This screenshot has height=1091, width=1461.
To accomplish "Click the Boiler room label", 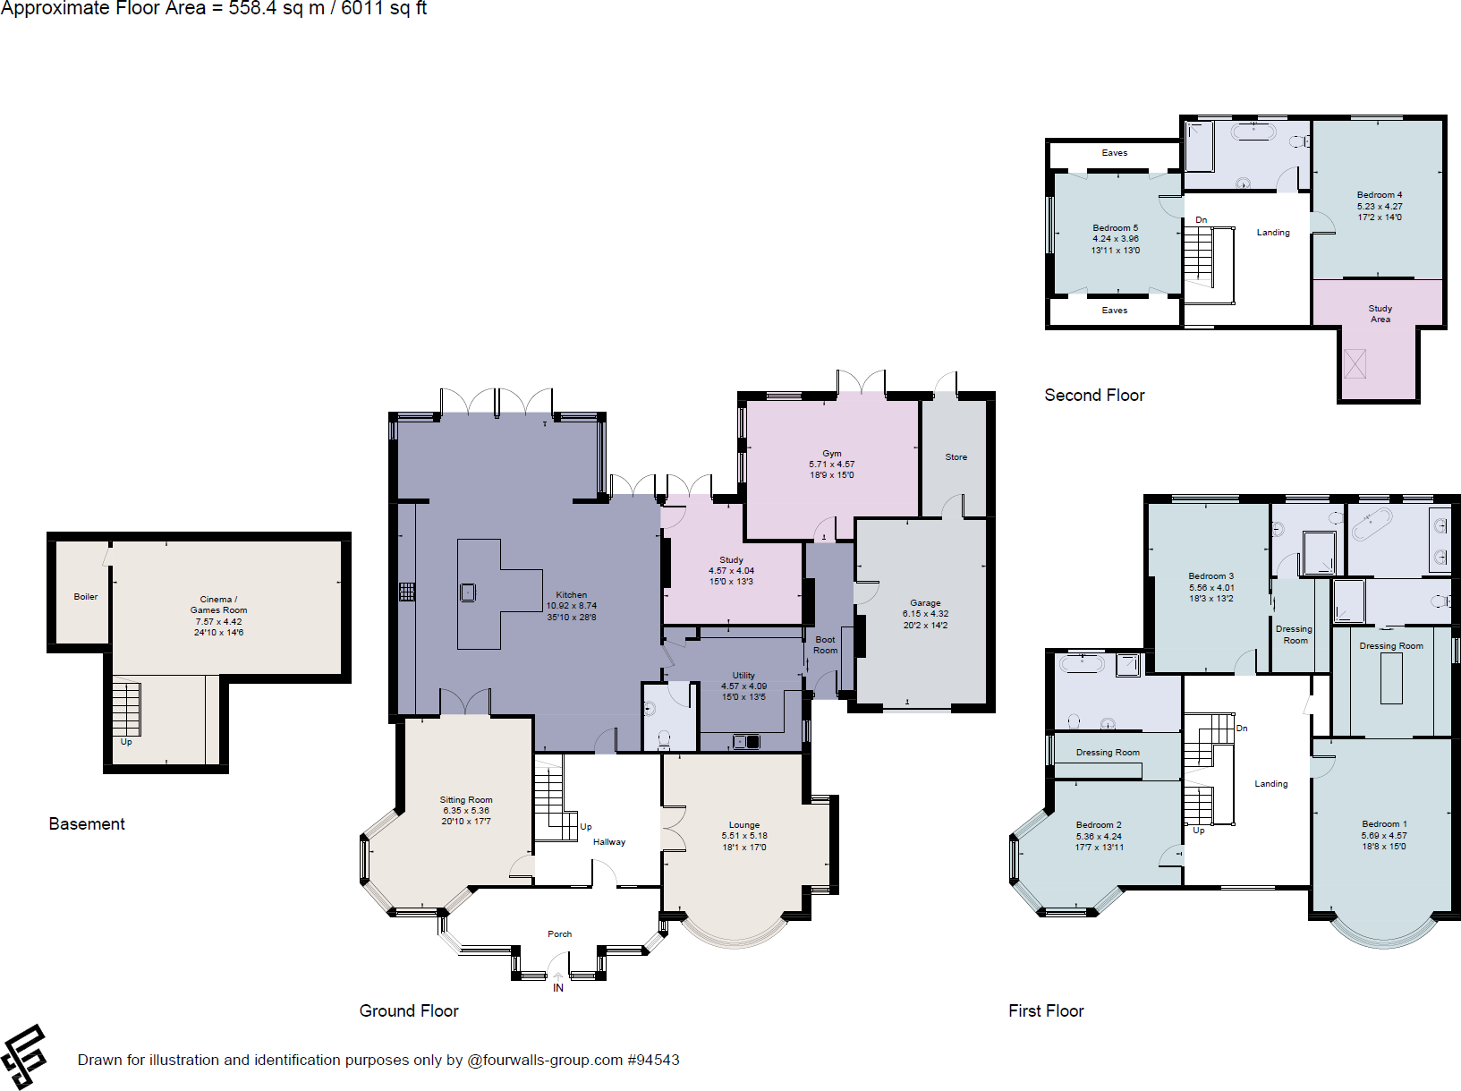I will click(86, 597).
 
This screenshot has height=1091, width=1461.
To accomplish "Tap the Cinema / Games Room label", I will click(218, 605).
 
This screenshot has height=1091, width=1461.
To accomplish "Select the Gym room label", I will click(832, 454).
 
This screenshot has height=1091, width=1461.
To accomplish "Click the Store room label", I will click(956, 457).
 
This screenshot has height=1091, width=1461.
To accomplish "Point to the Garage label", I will click(925, 603).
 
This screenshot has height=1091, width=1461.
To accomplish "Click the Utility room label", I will click(743, 676).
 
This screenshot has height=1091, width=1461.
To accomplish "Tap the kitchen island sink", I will click(468, 592).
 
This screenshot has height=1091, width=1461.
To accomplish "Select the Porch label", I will click(559, 934).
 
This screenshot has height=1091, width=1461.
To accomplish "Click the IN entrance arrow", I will click(558, 978).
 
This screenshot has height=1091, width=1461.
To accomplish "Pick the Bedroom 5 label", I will click(1115, 228).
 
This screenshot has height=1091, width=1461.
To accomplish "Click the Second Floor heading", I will click(1094, 396).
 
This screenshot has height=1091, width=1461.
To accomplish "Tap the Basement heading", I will click(87, 824).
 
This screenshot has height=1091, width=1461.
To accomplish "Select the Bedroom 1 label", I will click(1384, 824).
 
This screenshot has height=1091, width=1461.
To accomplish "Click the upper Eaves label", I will click(1114, 153).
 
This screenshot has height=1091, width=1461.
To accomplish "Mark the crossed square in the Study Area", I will click(1355, 363).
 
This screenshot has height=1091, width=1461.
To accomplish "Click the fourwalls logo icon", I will click(24, 1057).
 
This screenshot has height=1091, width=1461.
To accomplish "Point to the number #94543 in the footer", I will click(653, 1061).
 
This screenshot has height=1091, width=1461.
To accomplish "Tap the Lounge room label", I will click(743, 825).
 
